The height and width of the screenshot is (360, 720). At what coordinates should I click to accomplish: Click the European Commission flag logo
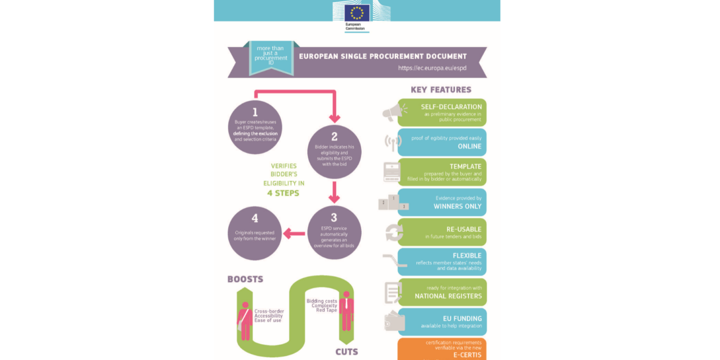pos(357,13)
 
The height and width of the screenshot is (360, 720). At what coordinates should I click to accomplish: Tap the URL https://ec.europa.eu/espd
pos(432,68)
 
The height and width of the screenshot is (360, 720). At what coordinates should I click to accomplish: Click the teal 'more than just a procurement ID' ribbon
pos(271,57)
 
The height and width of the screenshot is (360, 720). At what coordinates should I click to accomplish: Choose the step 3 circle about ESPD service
pos(334,232)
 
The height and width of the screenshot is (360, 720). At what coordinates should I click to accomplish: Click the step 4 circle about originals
pos(255,233)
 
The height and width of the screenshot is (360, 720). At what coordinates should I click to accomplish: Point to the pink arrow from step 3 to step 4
pos(294,233)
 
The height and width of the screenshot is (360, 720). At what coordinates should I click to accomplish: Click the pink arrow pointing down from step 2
pos(334,192)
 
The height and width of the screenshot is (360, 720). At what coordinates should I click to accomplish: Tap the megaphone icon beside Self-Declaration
pos(394,112)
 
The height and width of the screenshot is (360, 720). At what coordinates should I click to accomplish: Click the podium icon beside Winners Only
pos(393,203)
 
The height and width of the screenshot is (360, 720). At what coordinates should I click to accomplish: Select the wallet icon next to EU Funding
pos(394,321)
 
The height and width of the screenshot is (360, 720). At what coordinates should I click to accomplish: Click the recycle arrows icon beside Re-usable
pos(394,233)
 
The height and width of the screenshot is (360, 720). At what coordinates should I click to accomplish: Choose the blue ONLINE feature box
pos(442,142)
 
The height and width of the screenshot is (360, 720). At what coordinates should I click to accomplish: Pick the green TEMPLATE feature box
pos(442,172)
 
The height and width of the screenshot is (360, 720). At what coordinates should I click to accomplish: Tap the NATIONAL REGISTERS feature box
pos(442,292)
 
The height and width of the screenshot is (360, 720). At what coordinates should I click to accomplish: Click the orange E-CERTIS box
pos(442,348)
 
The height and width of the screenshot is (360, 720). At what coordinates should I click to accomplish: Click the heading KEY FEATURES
pos(441,89)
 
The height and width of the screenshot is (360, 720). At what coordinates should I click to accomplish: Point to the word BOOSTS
pos(245,279)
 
